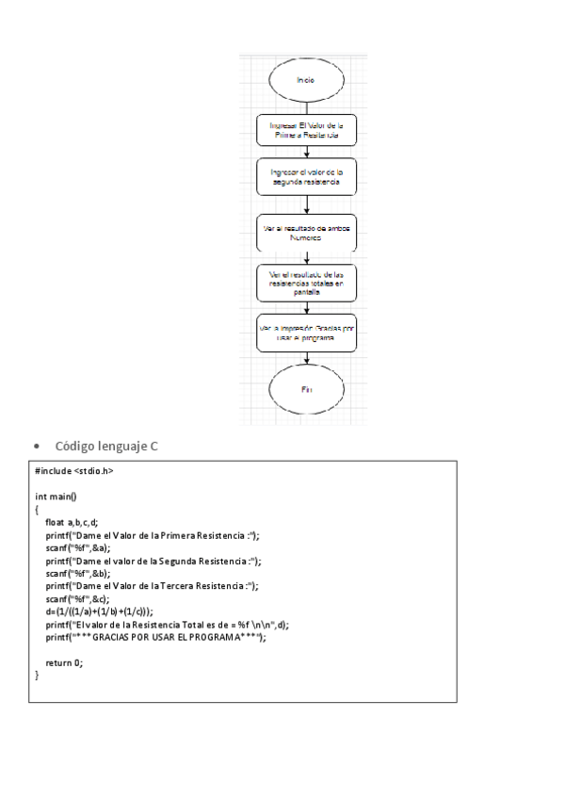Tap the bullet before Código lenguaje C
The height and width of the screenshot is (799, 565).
[x=36, y=446]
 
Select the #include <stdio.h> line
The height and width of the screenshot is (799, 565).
[x=74, y=471]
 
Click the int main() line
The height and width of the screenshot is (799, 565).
[x=56, y=497]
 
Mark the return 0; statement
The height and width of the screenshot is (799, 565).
[x=64, y=662]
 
